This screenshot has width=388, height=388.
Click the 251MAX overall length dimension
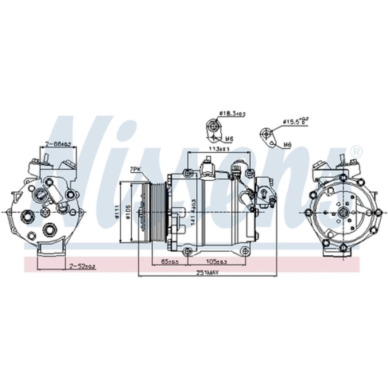pyautogui.click(x=207, y=272)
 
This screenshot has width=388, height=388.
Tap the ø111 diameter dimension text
pyautogui.click(x=117, y=211)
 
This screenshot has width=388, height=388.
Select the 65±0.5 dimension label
pyautogui.click(x=170, y=262)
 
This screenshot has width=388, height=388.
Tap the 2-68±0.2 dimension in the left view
pyautogui.click(x=58, y=144)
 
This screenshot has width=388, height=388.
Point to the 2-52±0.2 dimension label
pyautogui.click(x=81, y=266)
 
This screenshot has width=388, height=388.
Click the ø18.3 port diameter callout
pyautogui.click(x=232, y=113)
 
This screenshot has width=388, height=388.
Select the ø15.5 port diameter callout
pyautogui.click(x=295, y=121)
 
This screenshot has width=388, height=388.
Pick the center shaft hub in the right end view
pyautogui.click(x=343, y=212)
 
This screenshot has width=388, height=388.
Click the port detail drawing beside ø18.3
pyautogui.click(x=212, y=127)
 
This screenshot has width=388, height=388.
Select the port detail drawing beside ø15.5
pyautogui.click(x=267, y=134)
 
